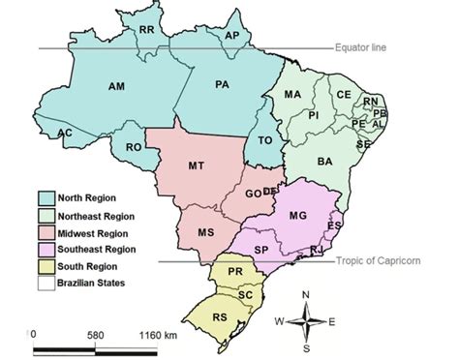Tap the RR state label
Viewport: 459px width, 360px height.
[x=147, y=31]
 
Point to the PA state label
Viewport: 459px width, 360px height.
[x=222, y=85]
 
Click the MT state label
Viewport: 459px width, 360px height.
[x=196, y=167]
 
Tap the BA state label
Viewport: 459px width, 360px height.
[x=324, y=161]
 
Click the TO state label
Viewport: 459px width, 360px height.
[x=265, y=141]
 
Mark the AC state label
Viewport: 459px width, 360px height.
[x=65, y=133]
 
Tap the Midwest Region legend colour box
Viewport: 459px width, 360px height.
[x=46, y=233]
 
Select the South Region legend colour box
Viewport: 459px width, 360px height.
[x=46, y=266]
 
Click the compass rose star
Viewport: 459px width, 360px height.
[x=306, y=320]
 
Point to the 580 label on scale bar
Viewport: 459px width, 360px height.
[x=94, y=334]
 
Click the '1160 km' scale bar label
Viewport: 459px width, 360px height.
[x=158, y=334]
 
